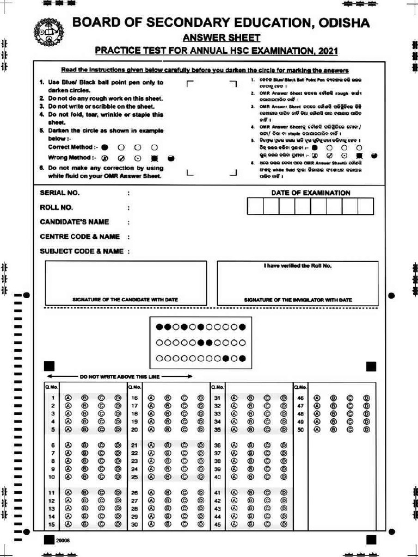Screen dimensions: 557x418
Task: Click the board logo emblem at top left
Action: tap(48, 32)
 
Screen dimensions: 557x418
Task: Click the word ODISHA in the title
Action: tap(342, 23)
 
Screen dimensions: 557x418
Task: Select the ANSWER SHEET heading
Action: tap(221, 38)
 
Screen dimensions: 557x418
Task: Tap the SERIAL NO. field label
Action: tap(59, 193)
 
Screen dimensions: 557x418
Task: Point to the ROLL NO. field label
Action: tap(56, 207)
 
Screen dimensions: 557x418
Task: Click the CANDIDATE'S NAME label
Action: tap(74, 222)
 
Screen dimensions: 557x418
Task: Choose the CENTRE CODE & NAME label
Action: tap(79, 237)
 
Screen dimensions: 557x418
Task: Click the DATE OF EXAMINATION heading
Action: tap(311, 193)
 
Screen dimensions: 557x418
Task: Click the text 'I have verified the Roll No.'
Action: tap(297, 266)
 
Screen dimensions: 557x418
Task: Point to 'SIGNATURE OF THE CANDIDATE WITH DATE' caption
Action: tap(125, 300)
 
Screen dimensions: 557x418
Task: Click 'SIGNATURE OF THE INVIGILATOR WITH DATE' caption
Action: tap(298, 300)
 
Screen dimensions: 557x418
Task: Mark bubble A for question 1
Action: tap(69, 398)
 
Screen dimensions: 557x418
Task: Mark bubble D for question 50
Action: tap(366, 429)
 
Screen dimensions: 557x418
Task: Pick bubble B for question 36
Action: tap(251, 445)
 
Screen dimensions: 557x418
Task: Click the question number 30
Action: tap(134, 524)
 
